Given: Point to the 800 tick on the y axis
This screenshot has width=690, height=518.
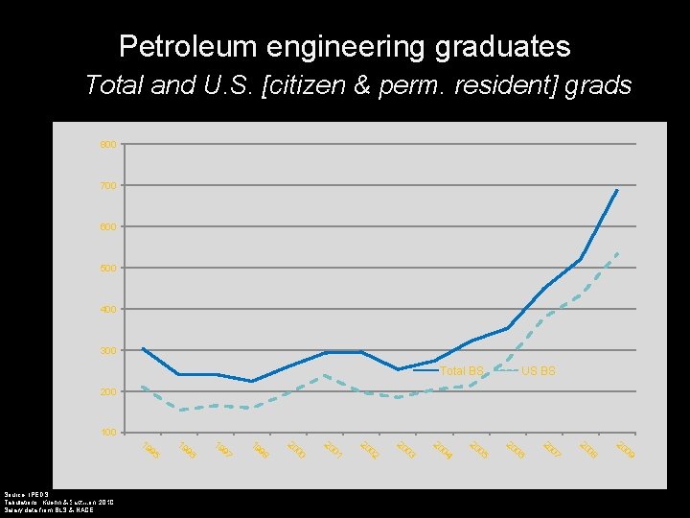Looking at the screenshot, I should (108, 145).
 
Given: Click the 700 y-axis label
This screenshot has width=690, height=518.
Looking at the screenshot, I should (108, 186).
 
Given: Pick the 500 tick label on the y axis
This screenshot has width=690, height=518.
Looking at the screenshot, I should (108, 269).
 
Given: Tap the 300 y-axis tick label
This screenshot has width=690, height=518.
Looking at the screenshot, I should (108, 351).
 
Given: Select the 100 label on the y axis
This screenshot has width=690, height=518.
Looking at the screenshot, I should (108, 434).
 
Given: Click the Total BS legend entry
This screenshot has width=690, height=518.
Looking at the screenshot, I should (461, 371).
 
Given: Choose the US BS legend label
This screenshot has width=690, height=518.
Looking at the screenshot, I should (538, 371).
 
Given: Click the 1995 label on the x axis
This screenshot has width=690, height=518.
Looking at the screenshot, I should (150, 449).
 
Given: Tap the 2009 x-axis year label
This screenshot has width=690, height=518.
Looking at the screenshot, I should (625, 449).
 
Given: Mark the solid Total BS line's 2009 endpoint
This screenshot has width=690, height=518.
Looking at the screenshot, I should (618, 190).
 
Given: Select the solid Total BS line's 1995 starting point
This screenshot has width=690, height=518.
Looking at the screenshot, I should (143, 348).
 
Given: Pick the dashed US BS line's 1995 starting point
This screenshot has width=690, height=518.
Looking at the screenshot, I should (143, 387).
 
